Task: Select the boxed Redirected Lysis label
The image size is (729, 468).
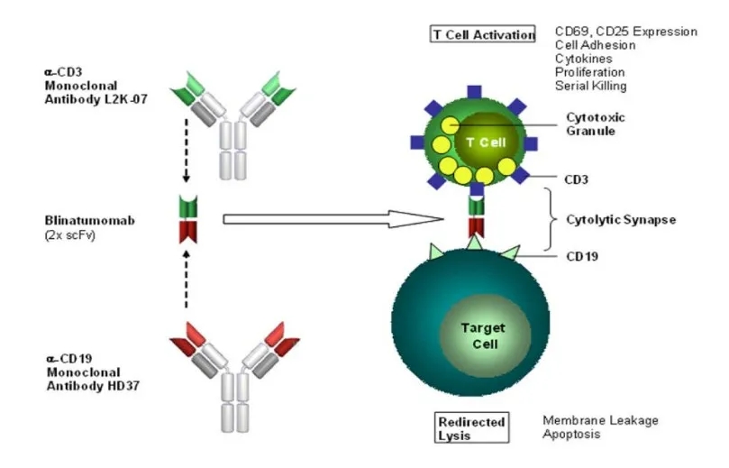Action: pos(471,427)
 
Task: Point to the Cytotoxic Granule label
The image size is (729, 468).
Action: pos(595,124)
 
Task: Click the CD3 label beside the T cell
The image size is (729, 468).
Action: pos(578,179)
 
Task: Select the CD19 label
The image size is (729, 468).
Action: pos(581,256)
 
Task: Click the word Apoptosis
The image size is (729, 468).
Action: pos(571,434)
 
